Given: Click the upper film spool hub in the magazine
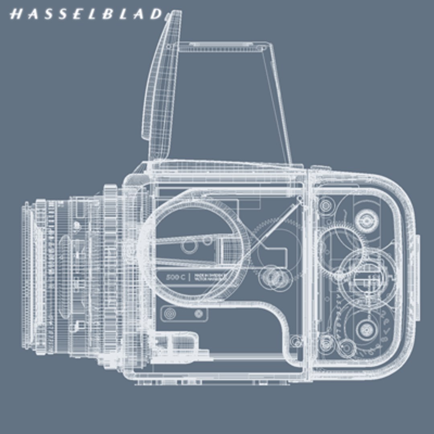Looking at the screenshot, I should (x=366, y=221).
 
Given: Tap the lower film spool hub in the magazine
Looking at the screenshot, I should (x=366, y=330).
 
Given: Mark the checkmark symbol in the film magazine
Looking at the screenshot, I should (x=387, y=332).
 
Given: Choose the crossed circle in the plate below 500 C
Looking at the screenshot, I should (x=198, y=313).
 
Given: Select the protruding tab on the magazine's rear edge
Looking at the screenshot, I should (x=418, y=277).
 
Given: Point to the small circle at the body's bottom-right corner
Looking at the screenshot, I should (x=296, y=341).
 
